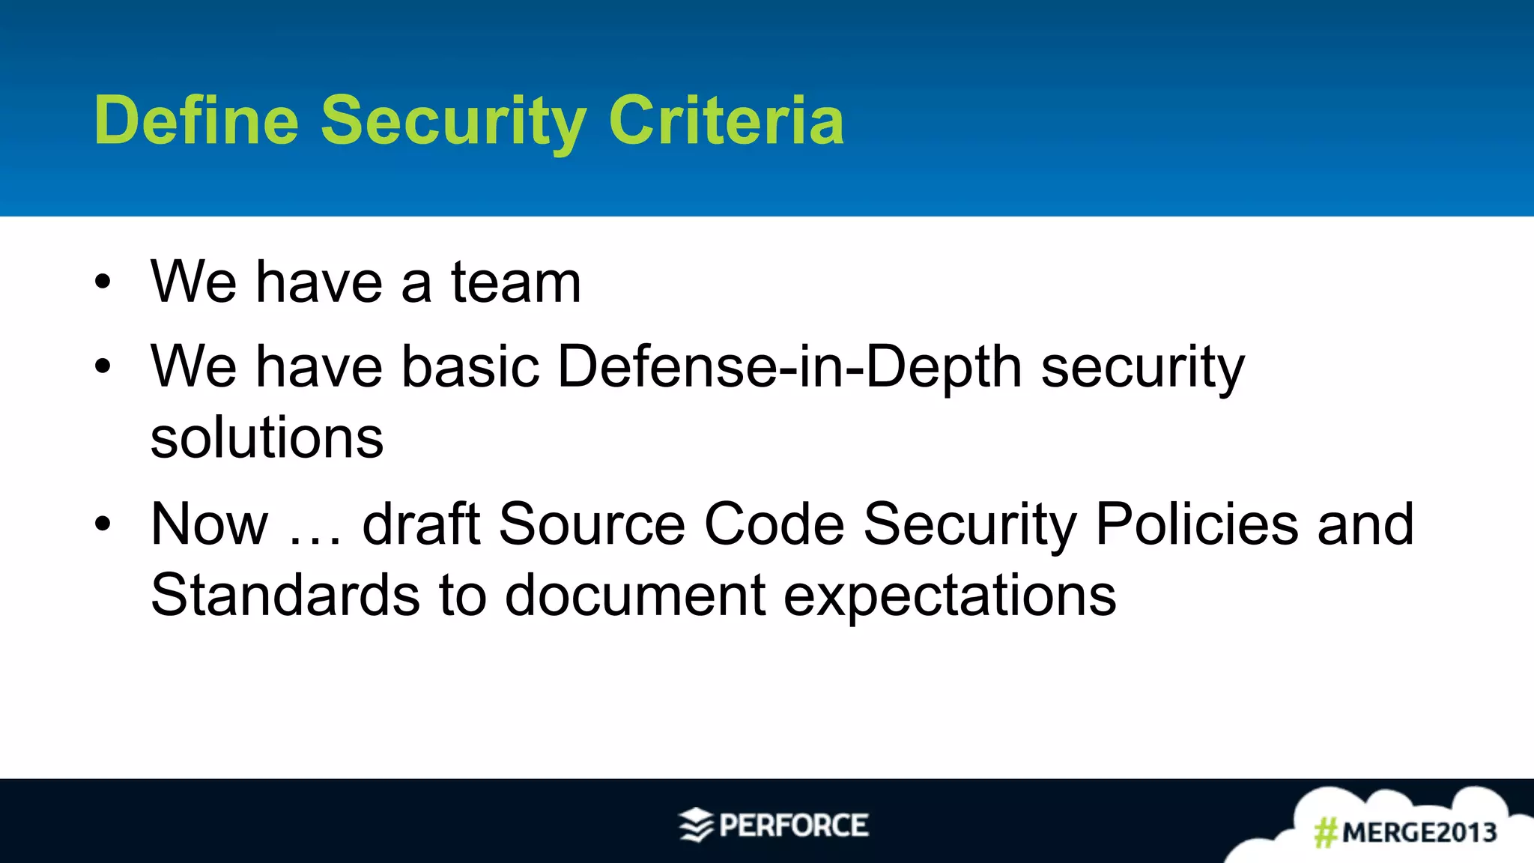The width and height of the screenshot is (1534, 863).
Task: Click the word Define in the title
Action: pyautogui.click(x=196, y=120)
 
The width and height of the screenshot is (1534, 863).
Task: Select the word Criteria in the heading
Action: pyautogui.click(x=726, y=120)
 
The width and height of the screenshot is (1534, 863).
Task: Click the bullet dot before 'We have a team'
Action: pyautogui.click(x=103, y=282)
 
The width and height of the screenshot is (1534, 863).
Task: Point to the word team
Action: pyautogui.click(x=515, y=282)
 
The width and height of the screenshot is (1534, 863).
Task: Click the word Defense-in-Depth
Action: pyautogui.click(x=790, y=367)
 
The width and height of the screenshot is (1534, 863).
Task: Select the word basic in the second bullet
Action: pyautogui.click(x=470, y=367)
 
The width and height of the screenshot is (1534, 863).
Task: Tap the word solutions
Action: pyautogui.click(x=267, y=438)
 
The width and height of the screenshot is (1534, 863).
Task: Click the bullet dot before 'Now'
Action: pyautogui.click(x=103, y=524)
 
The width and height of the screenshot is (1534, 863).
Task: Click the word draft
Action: pyautogui.click(x=421, y=524)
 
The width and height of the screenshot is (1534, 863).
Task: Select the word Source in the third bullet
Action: pyautogui.click(x=592, y=524)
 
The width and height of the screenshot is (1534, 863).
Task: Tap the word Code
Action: pyautogui.click(x=774, y=524)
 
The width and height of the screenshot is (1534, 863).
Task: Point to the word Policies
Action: pyautogui.click(x=1196, y=524)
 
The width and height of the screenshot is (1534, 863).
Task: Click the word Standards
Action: pyautogui.click(x=285, y=596)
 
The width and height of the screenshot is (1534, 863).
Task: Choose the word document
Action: pyautogui.click(x=635, y=596)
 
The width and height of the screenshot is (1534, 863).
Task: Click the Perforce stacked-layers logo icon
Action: pyautogui.click(x=696, y=826)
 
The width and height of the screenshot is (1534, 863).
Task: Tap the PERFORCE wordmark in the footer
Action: pyautogui.click(x=794, y=826)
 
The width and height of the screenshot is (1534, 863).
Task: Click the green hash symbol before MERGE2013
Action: pyautogui.click(x=1326, y=832)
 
